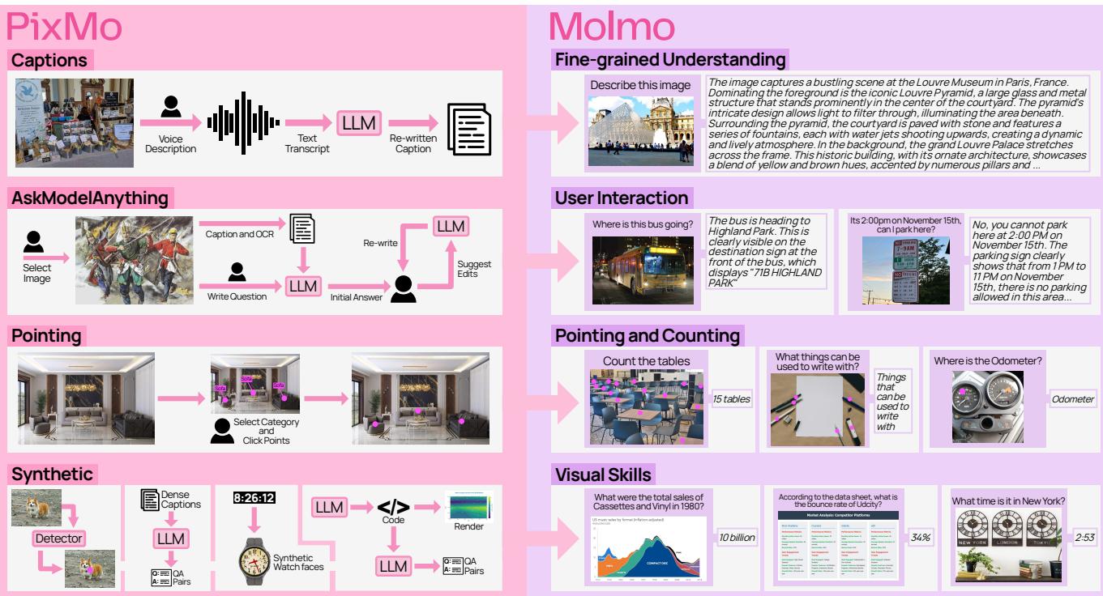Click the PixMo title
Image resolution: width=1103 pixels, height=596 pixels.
coord(64,27)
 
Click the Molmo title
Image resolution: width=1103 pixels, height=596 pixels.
coord(612,27)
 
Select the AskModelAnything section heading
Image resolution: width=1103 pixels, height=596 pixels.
coord(90,198)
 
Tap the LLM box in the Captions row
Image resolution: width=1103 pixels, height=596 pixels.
coord(358,122)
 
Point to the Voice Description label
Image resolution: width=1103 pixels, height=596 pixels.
coord(171,143)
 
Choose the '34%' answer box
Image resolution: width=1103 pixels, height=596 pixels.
coord(921,537)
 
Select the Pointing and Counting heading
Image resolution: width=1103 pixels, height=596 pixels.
coord(647,335)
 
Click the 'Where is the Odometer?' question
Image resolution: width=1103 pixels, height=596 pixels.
coord(986,360)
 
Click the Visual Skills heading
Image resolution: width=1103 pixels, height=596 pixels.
coord(603,474)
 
